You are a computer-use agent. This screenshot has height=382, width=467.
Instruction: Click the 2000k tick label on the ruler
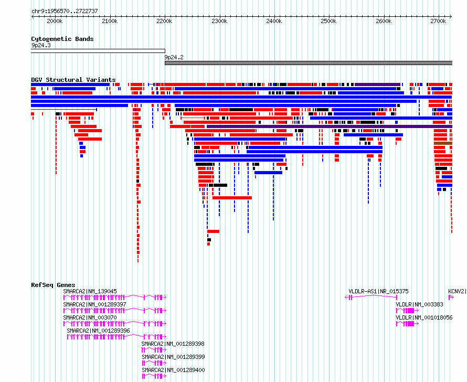click(55, 21)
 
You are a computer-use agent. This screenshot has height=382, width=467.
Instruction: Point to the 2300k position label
click(219, 21)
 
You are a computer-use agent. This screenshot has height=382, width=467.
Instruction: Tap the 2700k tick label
click(438, 21)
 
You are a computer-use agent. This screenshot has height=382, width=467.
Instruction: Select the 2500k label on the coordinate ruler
click(328, 21)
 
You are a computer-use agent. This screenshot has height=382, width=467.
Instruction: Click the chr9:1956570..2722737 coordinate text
click(65, 12)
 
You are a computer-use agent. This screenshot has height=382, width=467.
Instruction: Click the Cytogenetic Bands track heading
click(62, 39)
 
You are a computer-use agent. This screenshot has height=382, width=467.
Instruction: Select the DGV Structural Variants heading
click(73, 80)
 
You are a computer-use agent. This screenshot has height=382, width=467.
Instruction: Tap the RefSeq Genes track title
click(53, 285)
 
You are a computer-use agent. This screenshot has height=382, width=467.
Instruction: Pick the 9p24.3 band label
click(41, 45)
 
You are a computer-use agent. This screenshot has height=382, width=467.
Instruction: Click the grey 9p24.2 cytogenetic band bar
click(309, 63)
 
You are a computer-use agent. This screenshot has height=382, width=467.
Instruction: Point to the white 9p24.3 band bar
click(98, 51)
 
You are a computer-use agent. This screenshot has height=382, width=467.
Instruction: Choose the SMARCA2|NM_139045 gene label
click(90, 291)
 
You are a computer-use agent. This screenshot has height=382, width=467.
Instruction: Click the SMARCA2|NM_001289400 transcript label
click(173, 370)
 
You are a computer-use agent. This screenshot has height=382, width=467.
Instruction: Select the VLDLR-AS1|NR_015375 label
click(378, 291)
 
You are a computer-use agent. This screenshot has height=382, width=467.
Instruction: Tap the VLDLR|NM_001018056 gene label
click(424, 317)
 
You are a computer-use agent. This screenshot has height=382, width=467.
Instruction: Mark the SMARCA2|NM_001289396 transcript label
click(98, 331)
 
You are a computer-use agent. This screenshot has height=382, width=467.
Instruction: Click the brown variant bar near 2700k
click(443, 143)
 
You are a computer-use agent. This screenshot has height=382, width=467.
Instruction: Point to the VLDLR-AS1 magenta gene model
click(371, 297)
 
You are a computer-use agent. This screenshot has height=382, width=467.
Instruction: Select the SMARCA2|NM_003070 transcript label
click(90, 317)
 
